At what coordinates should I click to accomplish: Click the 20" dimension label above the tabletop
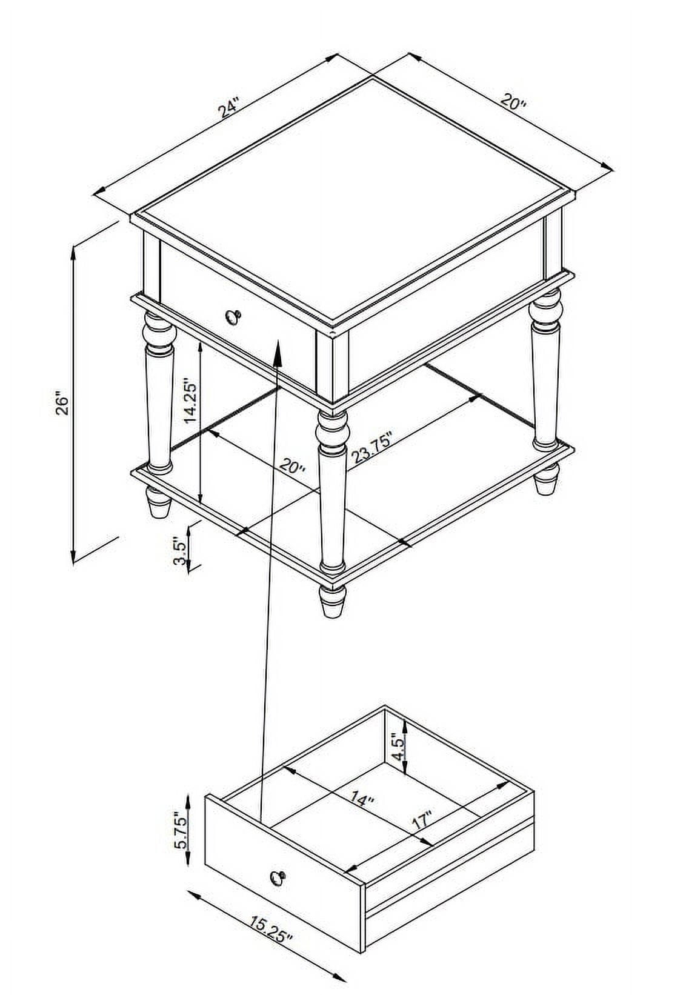513,102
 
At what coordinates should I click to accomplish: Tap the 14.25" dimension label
190,400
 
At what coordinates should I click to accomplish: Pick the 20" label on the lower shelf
293,467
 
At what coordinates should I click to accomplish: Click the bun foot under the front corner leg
332,601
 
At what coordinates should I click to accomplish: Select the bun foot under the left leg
158,502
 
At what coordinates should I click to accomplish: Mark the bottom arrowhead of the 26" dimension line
73,557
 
